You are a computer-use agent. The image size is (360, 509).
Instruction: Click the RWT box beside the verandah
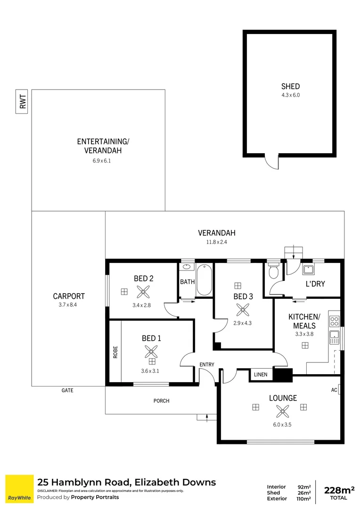(22, 101)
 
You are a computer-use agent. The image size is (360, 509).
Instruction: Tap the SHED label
(290, 86)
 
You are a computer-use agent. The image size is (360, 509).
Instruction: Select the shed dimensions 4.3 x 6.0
(290, 95)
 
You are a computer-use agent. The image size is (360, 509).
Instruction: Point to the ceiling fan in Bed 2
(143, 292)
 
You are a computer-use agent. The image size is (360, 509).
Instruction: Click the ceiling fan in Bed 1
(152, 351)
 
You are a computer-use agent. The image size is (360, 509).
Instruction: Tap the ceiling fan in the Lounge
(283, 411)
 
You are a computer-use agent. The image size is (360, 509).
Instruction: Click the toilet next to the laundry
(274, 271)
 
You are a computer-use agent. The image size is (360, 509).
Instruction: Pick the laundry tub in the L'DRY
(309, 270)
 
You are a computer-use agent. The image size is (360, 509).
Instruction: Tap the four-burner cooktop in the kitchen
(334, 321)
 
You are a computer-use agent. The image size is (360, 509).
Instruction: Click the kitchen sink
(335, 337)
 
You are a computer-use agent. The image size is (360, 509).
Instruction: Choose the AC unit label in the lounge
(334, 390)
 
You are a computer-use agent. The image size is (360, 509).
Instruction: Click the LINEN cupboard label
(261, 375)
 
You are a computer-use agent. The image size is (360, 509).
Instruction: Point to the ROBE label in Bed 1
(115, 353)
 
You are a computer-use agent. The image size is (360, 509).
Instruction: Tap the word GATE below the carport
(67, 390)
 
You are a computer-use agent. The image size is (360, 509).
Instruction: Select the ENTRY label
(207, 364)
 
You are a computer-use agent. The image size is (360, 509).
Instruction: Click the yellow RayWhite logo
(19, 489)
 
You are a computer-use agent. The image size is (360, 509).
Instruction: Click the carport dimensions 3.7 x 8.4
(69, 305)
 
